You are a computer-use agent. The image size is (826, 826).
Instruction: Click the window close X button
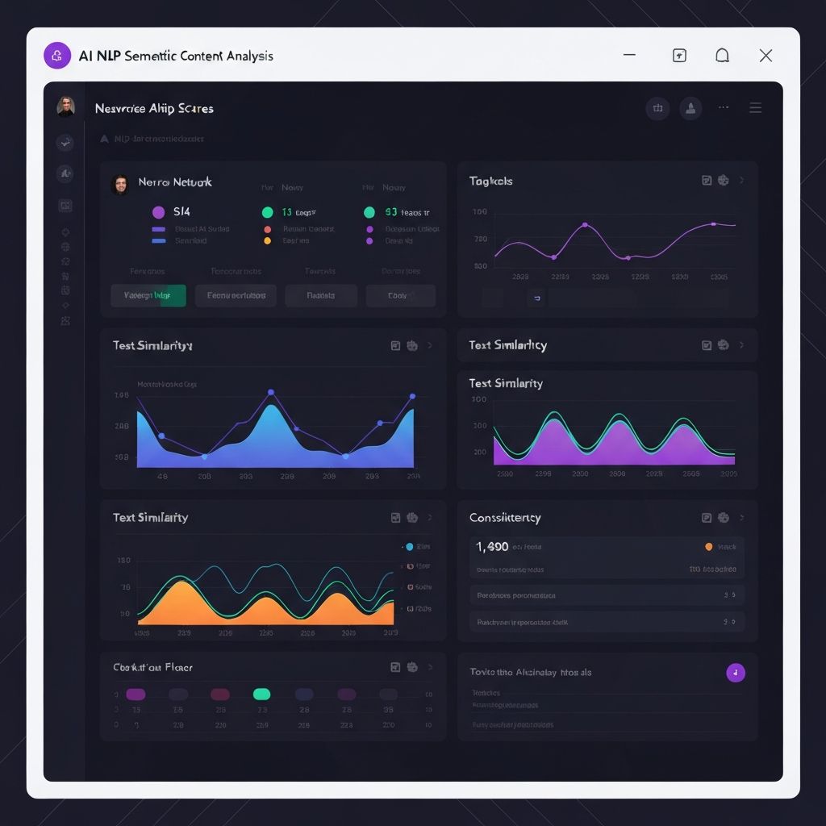pos(766,56)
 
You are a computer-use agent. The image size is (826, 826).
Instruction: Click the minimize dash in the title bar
pos(630,55)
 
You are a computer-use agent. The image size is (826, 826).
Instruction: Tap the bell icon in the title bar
pos(723,55)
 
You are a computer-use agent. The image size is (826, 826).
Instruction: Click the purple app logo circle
pos(57,56)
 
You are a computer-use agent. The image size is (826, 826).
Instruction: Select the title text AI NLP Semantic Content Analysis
pos(176,56)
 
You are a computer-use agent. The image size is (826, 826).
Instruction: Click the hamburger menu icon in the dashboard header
pos(755,108)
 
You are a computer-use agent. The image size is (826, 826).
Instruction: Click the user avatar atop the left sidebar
pos(65,106)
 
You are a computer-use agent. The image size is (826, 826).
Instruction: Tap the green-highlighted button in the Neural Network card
pos(148,295)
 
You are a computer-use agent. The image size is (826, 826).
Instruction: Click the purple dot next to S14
pos(158,212)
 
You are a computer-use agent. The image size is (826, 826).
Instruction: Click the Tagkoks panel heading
pos(490,181)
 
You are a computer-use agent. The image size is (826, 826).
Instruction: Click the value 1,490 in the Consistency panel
pos(492,546)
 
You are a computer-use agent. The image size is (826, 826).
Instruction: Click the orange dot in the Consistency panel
pos(708,546)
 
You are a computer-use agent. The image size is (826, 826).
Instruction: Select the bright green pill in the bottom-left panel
pos(261,694)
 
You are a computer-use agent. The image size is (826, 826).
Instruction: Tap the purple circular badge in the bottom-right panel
pos(735,673)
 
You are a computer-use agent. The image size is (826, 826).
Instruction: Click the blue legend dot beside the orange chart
pos(409,547)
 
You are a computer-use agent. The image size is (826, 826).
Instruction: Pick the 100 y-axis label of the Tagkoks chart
pos(480,211)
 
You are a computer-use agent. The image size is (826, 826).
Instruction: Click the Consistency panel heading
pos(505,517)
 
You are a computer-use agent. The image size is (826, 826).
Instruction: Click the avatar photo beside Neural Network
pos(120,185)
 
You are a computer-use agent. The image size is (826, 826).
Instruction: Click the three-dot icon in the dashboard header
pos(723,107)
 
